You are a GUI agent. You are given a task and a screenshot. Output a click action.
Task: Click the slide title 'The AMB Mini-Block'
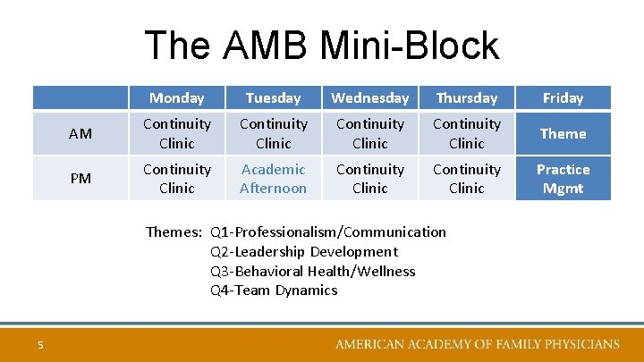click(321, 46)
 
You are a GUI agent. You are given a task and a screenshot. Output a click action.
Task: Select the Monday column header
click(176, 98)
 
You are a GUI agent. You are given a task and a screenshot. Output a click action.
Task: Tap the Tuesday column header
click(273, 98)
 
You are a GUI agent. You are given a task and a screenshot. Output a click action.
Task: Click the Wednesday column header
click(369, 98)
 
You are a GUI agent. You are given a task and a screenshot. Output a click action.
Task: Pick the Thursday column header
click(466, 98)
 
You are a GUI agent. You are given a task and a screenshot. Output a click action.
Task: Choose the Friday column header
click(563, 98)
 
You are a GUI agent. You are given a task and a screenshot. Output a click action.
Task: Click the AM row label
click(80, 134)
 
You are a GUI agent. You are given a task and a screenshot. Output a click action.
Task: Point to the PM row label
click(80, 179)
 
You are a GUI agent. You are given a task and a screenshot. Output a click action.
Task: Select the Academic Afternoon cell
click(273, 179)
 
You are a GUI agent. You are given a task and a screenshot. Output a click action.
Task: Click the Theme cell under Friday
click(563, 134)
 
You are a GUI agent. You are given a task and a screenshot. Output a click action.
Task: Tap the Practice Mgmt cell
click(563, 179)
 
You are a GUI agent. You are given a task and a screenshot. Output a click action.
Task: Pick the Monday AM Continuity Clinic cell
click(176, 134)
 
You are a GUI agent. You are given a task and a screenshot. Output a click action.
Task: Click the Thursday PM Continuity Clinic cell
click(466, 179)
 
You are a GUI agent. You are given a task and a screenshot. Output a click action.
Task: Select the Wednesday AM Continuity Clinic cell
click(369, 134)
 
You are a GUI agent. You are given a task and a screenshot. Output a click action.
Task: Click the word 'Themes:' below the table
click(174, 232)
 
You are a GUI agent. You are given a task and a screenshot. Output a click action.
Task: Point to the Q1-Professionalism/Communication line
click(327, 232)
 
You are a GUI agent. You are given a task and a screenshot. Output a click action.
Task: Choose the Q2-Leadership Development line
click(303, 252)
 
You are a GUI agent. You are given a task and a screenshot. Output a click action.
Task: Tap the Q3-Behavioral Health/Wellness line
click(312, 271)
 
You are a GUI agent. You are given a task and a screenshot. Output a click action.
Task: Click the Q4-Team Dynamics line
click(274, 290)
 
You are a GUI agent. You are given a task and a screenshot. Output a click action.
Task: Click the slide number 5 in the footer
click(41, 345)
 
